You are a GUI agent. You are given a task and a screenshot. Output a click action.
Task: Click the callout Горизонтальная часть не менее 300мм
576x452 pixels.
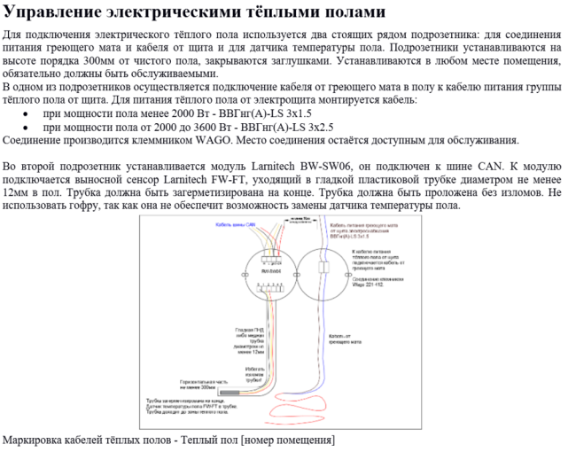196,386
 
